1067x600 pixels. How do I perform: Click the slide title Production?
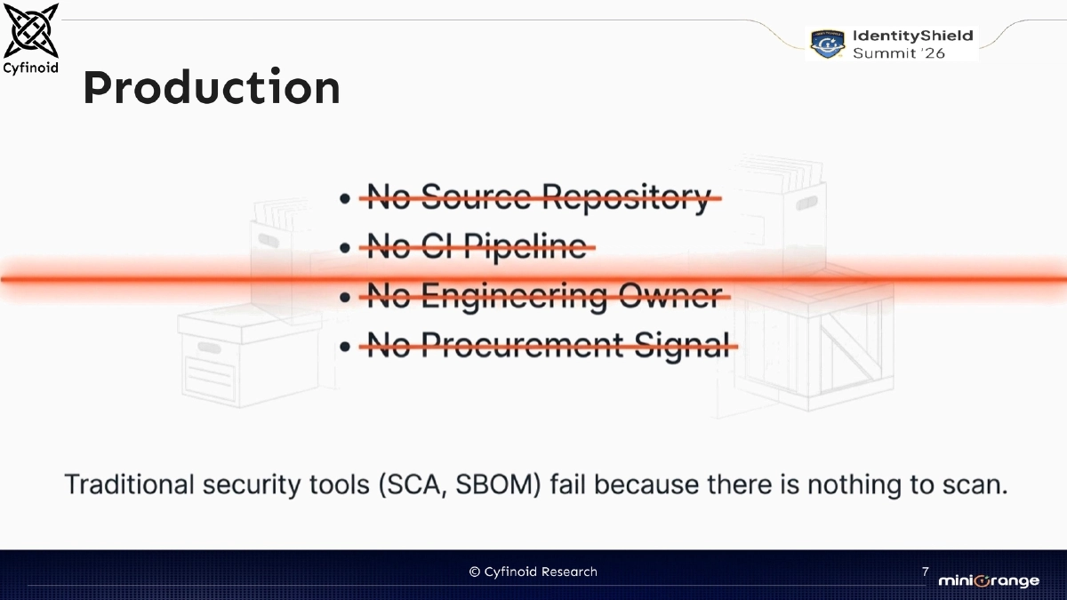pyautogui.click(x=211, y=88)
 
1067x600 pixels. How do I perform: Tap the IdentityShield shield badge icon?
pyautogui.click(x=828, y=44)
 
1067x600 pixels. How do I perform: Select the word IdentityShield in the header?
pyautogui.click(x=912, y=36)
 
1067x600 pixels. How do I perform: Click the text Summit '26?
pyautogui.click(x=899, y=53)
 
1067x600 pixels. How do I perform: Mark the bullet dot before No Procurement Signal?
pyautogui.click(x=344, y=345)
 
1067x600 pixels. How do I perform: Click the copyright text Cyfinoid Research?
pyautogui.click(x=533, y=572)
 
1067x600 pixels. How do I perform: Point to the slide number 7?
pyautogui.click(x=926, y=571)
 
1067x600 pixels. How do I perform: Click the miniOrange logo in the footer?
pyautogui.click(x=988, y=580)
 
